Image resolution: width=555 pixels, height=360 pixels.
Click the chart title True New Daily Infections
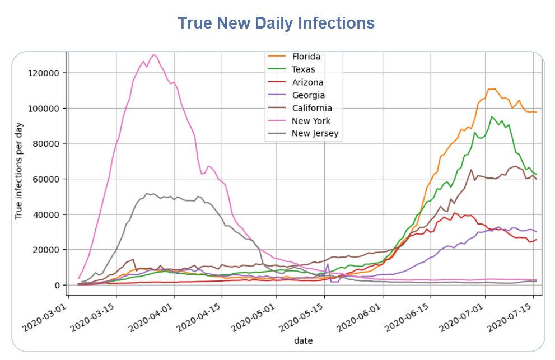[x=276, y=23]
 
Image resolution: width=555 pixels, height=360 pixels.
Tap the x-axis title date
[x=304, y=340]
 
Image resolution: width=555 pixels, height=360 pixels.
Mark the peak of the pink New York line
[x=154, y=54]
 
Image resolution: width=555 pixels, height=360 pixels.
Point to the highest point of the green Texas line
[x=492, y=116]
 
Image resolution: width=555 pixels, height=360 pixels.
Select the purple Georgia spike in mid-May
[x=328, y=264]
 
